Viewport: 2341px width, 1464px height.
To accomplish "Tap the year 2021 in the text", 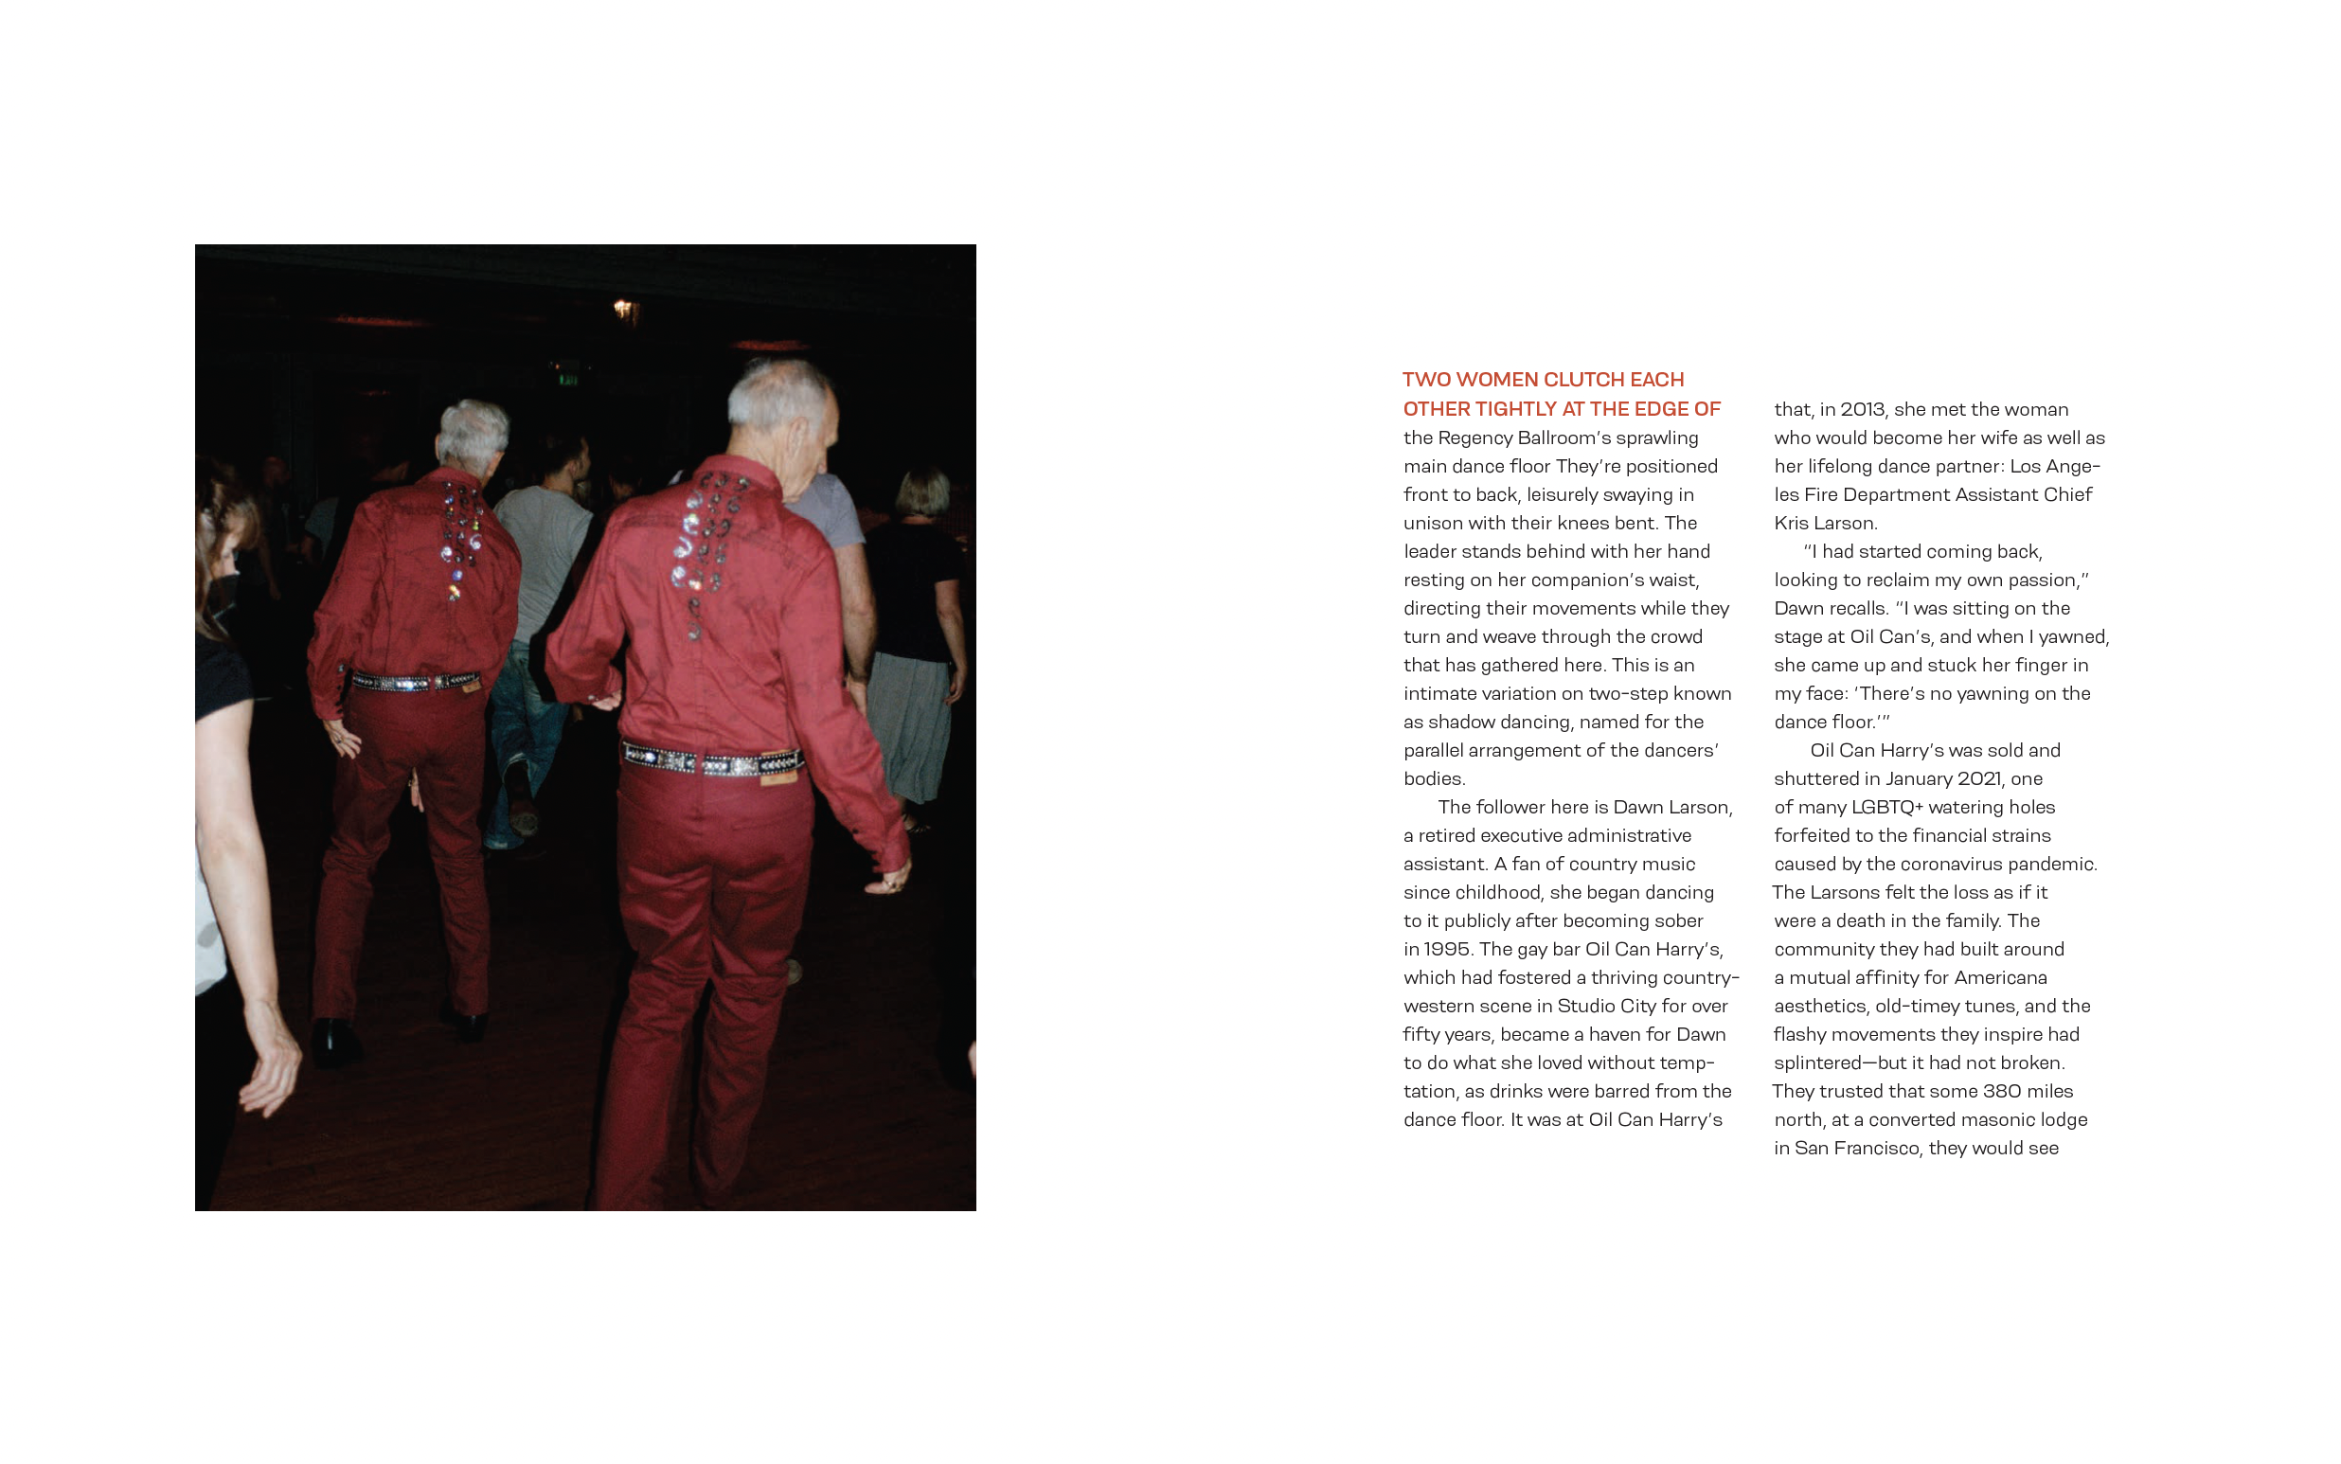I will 1984,778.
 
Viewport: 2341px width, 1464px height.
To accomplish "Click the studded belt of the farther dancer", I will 415,682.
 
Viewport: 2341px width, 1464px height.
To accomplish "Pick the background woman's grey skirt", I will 911,722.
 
